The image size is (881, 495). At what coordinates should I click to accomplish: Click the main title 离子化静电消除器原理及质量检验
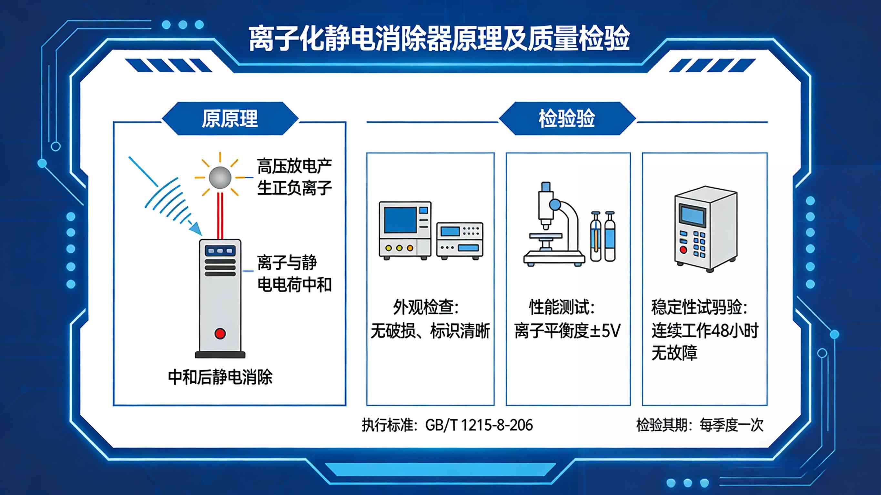(439, 38)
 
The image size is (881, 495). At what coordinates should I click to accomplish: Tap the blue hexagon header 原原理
(229, 119)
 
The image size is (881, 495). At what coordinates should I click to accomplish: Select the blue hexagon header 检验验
(567, 119)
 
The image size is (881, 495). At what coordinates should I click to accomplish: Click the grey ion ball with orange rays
(220, 177)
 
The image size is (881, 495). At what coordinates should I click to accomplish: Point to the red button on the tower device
(220, 333)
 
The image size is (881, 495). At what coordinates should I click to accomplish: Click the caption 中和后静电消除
(220, 377)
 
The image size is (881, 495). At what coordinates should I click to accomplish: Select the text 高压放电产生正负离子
(294, 177)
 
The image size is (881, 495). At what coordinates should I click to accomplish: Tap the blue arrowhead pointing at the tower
(196, 228)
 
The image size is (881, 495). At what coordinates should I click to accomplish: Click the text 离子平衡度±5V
(567, 331)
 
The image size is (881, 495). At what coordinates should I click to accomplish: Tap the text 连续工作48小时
(704, 331)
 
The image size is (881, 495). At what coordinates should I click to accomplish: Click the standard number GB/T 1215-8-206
(479, 425)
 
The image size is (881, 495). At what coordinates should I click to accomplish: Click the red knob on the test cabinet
(683, 250)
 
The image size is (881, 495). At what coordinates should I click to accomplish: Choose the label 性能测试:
(562, 307)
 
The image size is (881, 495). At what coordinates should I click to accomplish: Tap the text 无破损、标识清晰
(430, 331)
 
